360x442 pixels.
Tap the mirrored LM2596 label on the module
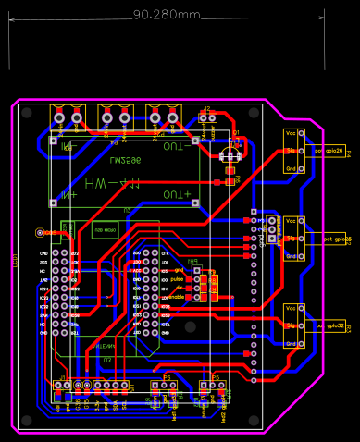coord(125,160)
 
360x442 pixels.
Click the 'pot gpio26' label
coord(329,151)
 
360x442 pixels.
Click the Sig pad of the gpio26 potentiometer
coord(291,151)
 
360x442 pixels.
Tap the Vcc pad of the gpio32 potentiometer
coord(291,309)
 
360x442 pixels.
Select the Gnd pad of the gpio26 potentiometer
coord(291,168)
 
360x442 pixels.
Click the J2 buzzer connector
coord(208,117)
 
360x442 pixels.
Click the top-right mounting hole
coord(254,113)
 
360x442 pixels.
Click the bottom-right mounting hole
coord(254,421)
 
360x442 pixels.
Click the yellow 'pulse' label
coord(177,278)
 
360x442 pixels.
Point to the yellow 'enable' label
coord(176,297)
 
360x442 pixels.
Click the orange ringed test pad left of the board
coord(39,233)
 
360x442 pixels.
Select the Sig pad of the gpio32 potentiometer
coord(291,325)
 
